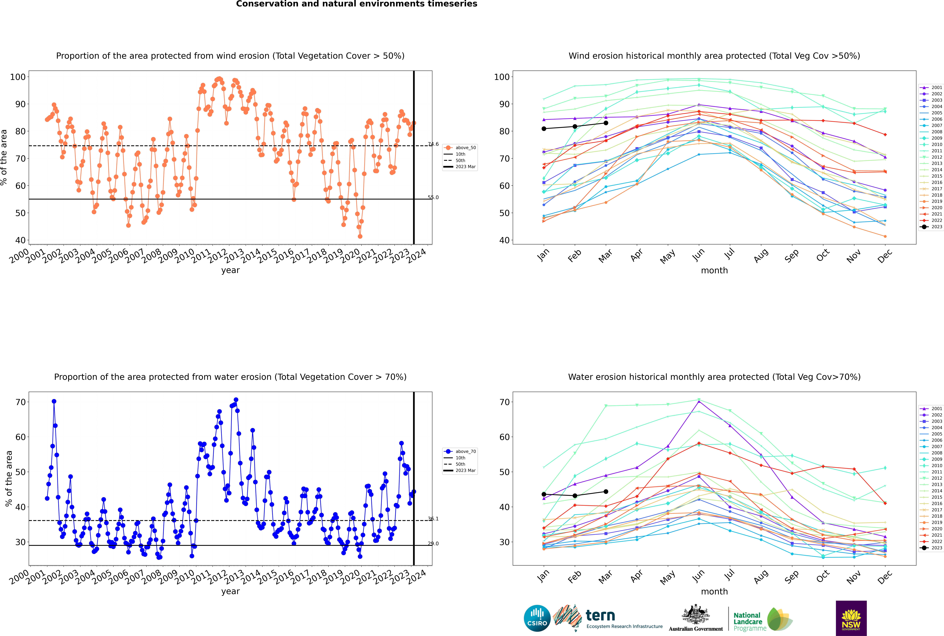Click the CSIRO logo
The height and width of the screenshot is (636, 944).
point(537,618)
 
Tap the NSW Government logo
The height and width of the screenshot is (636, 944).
point(851,618)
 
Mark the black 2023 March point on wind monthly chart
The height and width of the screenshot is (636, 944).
point(606,123)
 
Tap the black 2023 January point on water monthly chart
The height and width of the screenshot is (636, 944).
point(544,494)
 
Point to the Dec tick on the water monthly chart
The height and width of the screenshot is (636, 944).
point(885,576)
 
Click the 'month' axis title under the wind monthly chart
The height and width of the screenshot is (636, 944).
point(714,271)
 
